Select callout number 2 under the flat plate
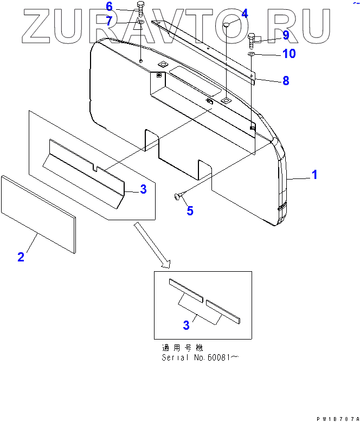click(x=21, y=257)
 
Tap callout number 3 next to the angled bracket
click(x=143, y=189)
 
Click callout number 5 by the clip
click(x=190, y=210)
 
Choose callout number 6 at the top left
click(x=109, y=7)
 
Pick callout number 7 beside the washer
click(x=109, y=21)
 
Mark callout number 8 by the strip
click(x=285, y=81)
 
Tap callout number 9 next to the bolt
click(x=286, y=35)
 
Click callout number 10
click(x=289, y=54)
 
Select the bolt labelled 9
click(x=252, y=39)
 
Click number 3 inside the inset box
click(x=186, y=325)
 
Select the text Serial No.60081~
click(x=200, y=357)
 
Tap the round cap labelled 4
click(x=228, y=24)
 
